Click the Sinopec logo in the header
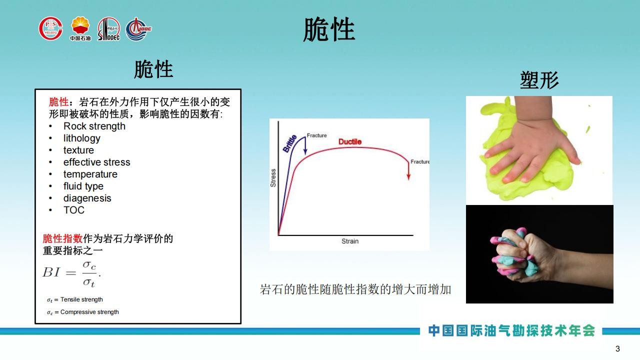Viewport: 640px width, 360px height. point(109,29)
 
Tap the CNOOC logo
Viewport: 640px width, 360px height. point(138,29)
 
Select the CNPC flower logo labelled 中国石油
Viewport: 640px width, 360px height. point(80,28)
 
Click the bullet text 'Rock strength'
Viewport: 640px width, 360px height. point(94,126)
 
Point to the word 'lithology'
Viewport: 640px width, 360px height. point(81,138)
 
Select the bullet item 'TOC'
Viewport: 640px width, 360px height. point(73,210)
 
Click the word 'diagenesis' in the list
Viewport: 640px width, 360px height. point(87,198)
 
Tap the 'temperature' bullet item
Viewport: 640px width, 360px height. point(90,174)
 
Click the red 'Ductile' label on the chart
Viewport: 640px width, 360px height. point(350,141)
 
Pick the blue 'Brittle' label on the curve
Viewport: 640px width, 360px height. point(289,143)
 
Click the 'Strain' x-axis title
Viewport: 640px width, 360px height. point(350,241)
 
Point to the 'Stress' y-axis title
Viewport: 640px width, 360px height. point(273,178)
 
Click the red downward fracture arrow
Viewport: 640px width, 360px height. point(408,170)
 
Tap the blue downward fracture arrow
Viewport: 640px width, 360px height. point(305,146)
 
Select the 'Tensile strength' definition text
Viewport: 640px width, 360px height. point(75,299)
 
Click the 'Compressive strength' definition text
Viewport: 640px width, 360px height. point(83,312)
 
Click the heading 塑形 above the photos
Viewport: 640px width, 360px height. point(539,80)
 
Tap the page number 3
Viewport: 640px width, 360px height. point(617,348)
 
